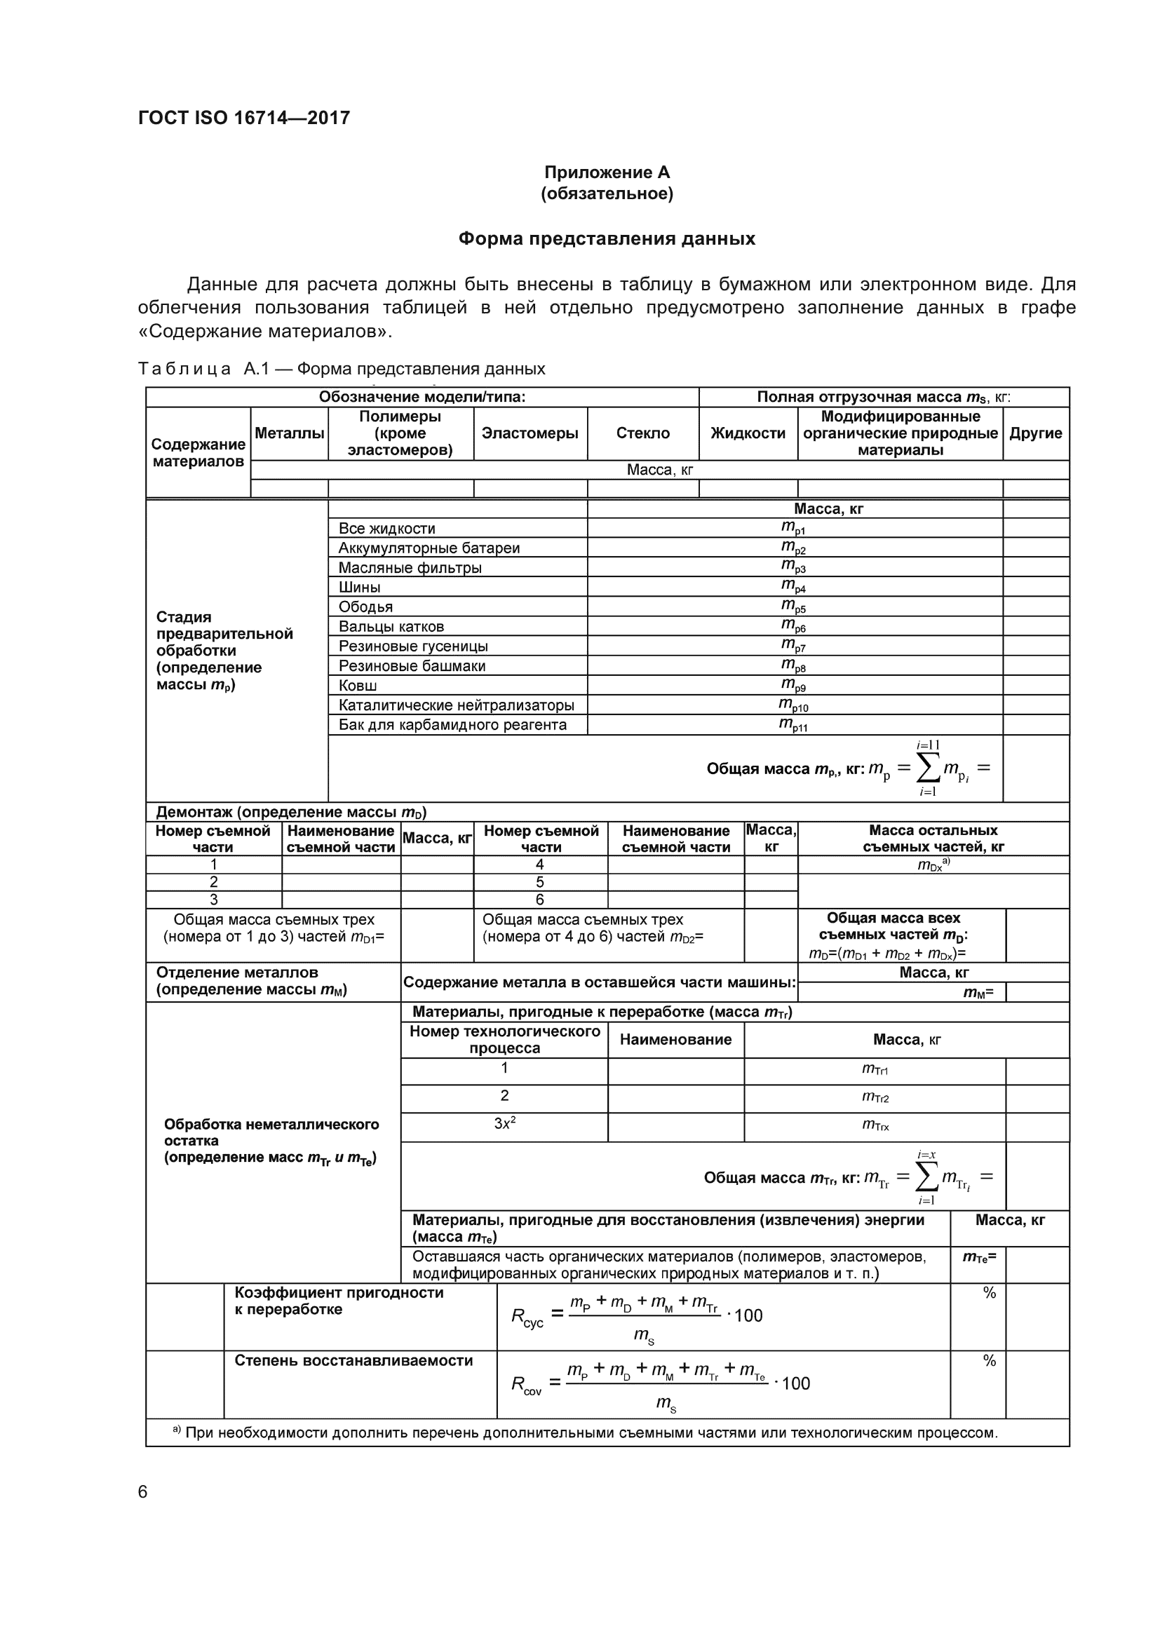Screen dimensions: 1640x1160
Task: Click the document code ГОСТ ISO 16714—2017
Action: pyautogui.click(x=244, y=118)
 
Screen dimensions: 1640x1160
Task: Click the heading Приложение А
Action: pyautogui.click(x=607, y=172)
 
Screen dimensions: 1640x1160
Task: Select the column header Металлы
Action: pyautogui.click(x=289, y=433)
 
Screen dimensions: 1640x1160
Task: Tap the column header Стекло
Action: pyautogui.click(x=643, y=433)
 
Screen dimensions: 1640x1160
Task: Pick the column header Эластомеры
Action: pyautogui.click(x=530, y=433)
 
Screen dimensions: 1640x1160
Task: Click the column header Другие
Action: pyautogui.click(x=1035, y=433)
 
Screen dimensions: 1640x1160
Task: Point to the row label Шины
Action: pyautogui.click(x=359, y=587)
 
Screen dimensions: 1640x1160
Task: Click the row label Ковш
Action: pyautogui.click(x=357, y=685)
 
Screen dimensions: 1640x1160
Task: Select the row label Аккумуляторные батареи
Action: pyautogui.click(x=429, y=548)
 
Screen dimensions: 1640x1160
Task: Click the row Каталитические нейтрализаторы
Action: pyautogui.click(x=456, y=705)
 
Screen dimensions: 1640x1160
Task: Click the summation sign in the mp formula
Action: pyautogui.click(x=927, y=768)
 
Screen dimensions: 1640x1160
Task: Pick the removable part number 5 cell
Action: pyautogui.click(x=540, y=882)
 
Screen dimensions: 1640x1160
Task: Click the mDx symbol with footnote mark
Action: pyautogui.click(x=933, y=865)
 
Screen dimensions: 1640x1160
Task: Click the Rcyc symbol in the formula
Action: pyautogui.click(x=527, y=1317)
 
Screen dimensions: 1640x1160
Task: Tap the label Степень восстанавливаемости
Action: pyautogui.click(x=353, y=1360)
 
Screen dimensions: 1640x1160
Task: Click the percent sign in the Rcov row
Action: pyautogui.click(x=990, y=1361)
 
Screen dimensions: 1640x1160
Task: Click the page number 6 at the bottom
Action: pyautogui.click(x=143, y=1492)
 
